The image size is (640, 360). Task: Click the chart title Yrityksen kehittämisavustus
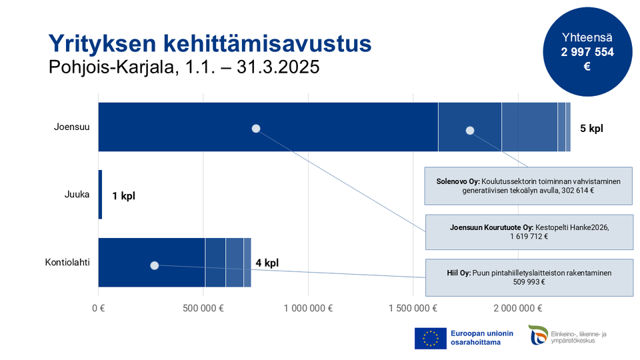(210, 43)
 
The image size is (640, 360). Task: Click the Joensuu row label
(71, 127)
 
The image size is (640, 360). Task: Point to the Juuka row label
(77, 195)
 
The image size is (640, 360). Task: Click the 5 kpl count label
(591, 128)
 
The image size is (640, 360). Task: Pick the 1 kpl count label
(123, 196)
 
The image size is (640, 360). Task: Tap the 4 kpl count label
(267, 263)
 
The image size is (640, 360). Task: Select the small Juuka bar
(100, 195)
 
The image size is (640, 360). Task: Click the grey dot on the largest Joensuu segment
(255, 129)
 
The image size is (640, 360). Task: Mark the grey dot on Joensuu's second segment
(469, 131)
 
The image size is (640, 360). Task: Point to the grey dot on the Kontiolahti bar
(154, 265)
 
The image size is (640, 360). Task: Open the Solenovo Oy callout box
(528, 185)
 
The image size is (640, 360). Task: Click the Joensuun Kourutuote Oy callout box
(528, 232)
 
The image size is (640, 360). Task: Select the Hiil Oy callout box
(528, 277)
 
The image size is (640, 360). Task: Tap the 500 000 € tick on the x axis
(203, 308)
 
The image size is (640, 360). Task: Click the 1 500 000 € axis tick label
(414, 308)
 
